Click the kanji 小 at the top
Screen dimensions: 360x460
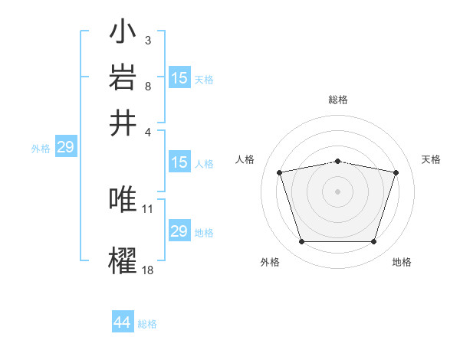[x=123, y=35]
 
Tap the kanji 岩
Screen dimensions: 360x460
[x=123, y=78]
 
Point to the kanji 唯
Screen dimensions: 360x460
[x=123, y=199]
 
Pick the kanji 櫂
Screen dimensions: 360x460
[x=123, y=259]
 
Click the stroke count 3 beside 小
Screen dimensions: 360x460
[x=147, y=40]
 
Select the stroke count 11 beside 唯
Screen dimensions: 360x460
[x=148, y=208]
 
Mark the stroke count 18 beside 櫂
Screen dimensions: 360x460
[x=148, y=269]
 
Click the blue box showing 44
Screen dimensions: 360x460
[x=123, y=322]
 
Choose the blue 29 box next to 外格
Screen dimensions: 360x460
[x=65, y=147]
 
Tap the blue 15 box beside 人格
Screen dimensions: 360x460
[x=179, y=162]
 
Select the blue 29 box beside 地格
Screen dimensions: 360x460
[x=179, y=231]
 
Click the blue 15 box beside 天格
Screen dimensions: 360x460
[x=179, y=78]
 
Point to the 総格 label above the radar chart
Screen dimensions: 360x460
[x=338, y=100]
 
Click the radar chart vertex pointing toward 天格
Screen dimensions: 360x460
[x=396, y=172]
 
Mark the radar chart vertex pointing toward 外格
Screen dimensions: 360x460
[x=301, y=242]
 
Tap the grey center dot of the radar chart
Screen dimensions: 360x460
[x=338, y=191]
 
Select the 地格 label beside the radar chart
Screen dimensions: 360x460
[x=402, y=263]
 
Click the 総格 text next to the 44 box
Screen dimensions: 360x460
[x=147, y=324]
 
